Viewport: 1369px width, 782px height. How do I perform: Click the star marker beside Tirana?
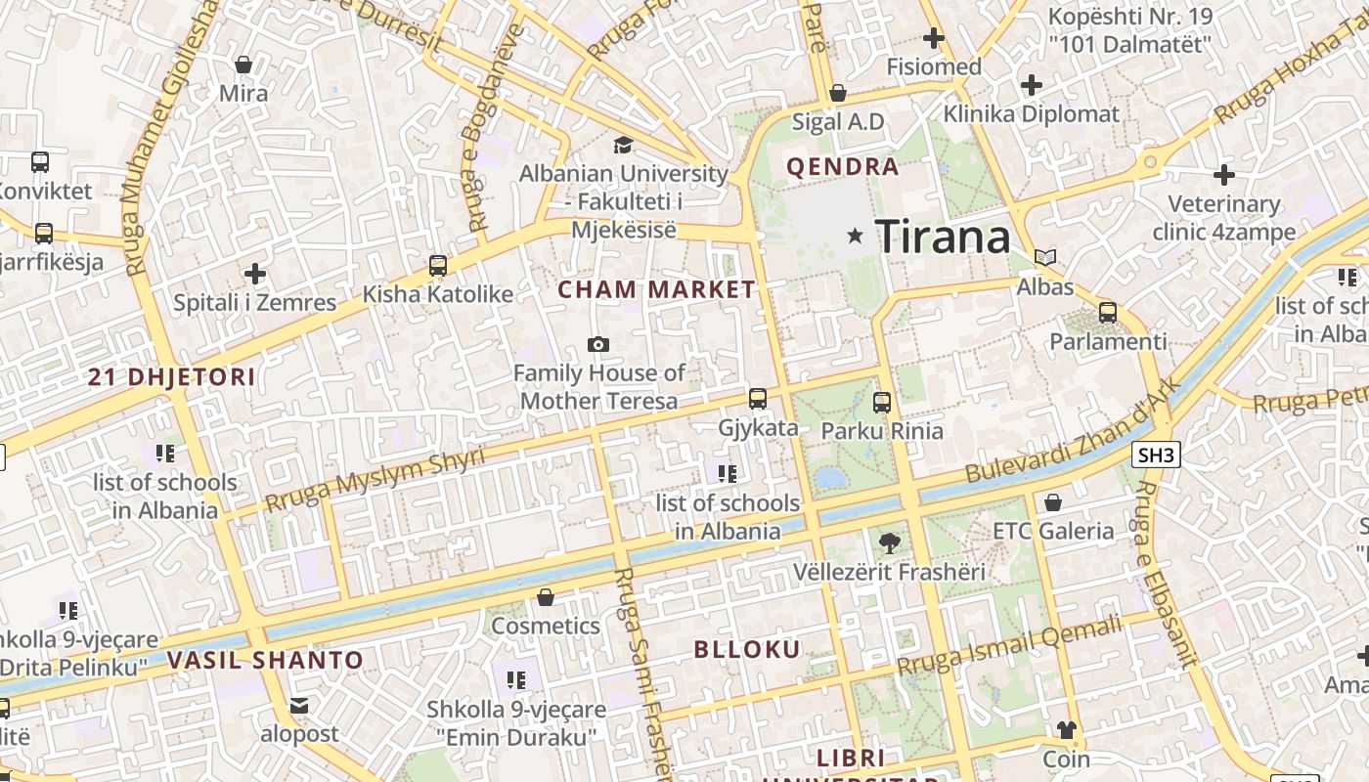click(x=856, y=236)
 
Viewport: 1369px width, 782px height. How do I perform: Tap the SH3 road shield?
click(x=1157, y=455)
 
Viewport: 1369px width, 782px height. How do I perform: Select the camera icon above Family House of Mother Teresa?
click(x=598, y=344)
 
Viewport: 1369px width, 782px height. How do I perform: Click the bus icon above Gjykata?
click(x=758, y=399)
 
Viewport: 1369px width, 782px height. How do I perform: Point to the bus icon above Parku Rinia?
click(x=882, y=402)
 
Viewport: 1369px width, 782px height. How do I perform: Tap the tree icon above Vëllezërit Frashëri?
click(x=889, y=543)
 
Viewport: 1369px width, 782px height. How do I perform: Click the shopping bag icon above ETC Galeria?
click(x=1053, y=502)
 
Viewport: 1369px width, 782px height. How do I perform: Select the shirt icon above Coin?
click(x=1066, y=730)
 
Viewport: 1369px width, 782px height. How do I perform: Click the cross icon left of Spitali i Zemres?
click(x=255, y=274)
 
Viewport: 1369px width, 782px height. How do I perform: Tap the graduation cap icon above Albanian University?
click(x=623, y=146)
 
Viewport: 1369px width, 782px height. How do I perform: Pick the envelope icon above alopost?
click(x=299, y=705)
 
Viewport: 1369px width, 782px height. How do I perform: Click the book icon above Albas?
click(x=1045, y=258)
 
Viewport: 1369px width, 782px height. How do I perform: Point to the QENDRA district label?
click(x=842, y=167)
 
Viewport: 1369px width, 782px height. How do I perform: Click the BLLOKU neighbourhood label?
click(x=747, y=650)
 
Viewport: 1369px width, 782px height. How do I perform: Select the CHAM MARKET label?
click(x=656, y=289)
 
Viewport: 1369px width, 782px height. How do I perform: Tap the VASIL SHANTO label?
click(x=264, y=660)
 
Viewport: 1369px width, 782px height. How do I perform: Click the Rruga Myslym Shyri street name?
click(x=375, y=481)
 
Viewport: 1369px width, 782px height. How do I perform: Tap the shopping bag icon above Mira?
click(x=243, y=65)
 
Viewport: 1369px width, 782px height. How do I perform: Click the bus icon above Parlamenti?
click(x=1108, y=313)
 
